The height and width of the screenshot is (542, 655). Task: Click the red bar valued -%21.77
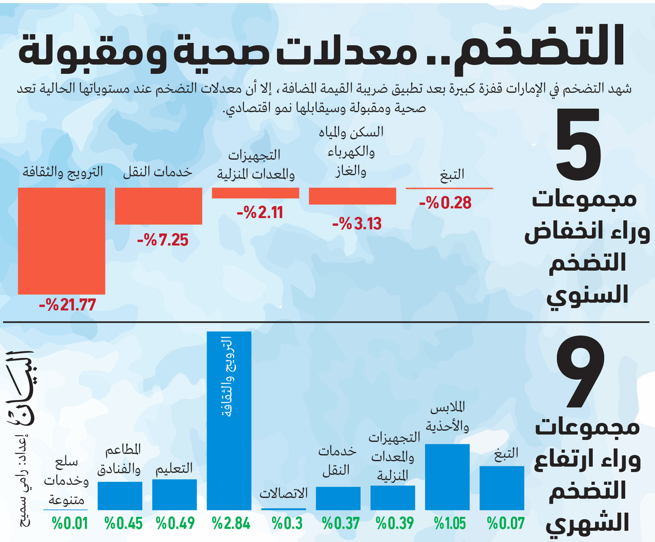tap(61, 241)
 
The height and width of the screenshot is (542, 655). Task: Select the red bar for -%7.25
tap(159, 206)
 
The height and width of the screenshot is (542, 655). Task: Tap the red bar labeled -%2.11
tap(255, 193)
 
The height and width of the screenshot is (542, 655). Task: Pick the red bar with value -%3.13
tap(352, 196)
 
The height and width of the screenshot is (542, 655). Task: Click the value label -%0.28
tap(446, 203)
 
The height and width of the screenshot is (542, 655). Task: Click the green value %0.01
tap(70, 523)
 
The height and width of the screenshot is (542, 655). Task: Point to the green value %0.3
tap(287, 523)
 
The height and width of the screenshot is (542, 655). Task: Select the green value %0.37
tap(341, 523)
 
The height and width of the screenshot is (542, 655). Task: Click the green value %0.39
tap(395, 523)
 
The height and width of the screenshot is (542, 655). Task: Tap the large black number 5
tap(578, 144)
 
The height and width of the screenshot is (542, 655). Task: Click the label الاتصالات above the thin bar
tap(284, 494)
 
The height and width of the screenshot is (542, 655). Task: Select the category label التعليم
tap(174, 468)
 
